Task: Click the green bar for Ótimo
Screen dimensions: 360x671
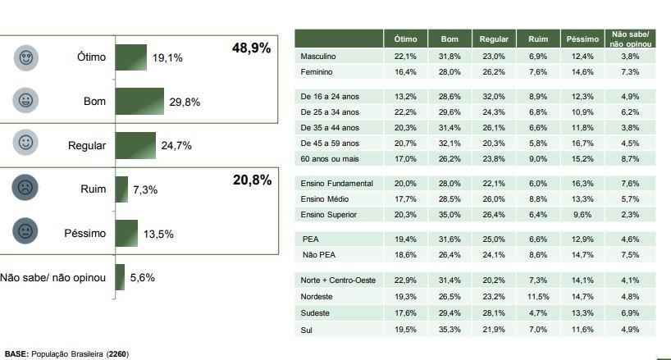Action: pos(131,57)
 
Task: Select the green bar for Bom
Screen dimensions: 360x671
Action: pos(139,101)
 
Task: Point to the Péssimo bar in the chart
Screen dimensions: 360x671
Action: pos(127,232)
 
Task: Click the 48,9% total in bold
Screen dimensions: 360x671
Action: pos(252,49)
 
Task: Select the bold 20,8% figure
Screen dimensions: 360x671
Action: pos(252,180)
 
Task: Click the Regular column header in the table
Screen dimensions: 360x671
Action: pos(494,39)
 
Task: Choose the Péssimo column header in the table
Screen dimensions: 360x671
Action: pos(582,39)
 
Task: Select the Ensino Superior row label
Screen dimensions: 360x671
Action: pos(331,215)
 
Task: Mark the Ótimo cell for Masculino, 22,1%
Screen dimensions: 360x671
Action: pos(405,56)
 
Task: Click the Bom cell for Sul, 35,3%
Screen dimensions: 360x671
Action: pos(450,330)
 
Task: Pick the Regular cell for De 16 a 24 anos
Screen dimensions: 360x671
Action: pos(494,97)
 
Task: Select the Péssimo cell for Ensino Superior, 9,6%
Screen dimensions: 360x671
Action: pos(582,215)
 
